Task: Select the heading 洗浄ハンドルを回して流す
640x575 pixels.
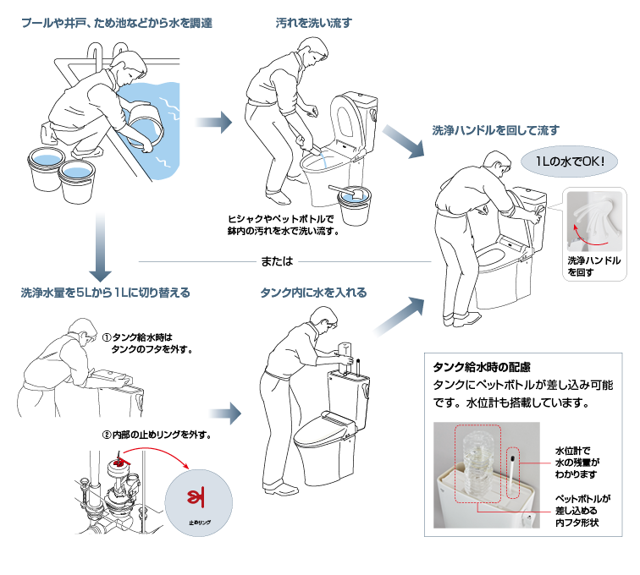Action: pyautogui.click(x=496, y=131)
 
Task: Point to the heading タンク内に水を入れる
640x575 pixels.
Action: pyautogui.click(x=314, y=293)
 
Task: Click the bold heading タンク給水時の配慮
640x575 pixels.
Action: pyautogui.click(x=481, y=367)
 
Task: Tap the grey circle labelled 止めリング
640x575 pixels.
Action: pyautogui.click(x=201, y=501)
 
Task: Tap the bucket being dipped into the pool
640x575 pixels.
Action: pyautogui.click(x=141, y=124)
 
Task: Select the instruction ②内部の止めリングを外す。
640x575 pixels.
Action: pyautogui.click(x=157, y=435)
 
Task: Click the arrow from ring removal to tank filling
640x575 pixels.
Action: pyautogui.click(x=223, y=413)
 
